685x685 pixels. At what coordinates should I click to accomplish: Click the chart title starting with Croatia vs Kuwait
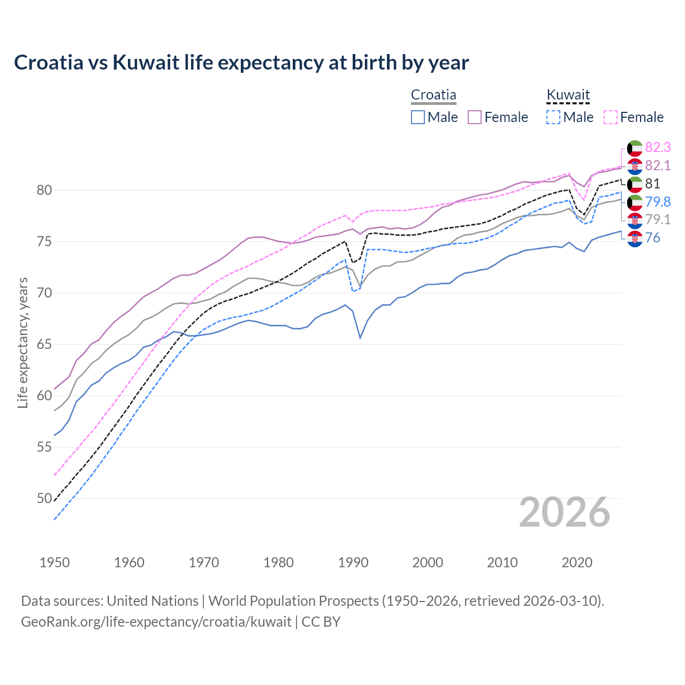pos(241,63)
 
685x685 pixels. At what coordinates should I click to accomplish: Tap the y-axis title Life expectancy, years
pos(22,342)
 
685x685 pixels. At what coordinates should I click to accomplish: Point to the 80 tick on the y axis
pos(44,191)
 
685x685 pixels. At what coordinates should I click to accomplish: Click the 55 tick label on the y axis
pos(44,447)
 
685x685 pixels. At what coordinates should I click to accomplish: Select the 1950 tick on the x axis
pos(55,562)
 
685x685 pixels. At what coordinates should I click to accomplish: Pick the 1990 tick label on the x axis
pos(353,562)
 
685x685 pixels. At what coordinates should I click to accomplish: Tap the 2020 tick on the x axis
pos(577,562)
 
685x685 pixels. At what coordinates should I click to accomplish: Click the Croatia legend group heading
pos(433,95)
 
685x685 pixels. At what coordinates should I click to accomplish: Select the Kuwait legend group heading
pos(568,95)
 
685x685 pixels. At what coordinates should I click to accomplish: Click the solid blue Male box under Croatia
pos(418,117)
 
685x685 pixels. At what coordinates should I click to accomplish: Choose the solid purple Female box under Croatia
pos(475,117)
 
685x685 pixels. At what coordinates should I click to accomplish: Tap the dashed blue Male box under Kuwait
pos(553,117)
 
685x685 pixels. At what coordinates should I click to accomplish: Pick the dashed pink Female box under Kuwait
pos(611,117)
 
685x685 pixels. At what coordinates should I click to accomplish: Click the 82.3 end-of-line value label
pos(658,148)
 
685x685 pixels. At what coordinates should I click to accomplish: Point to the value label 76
pos(652,238)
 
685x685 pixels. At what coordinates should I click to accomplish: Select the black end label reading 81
pos(652,184)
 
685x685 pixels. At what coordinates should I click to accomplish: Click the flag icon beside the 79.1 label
pos(635,220)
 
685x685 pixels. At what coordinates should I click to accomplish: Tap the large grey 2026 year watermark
pos(565,513)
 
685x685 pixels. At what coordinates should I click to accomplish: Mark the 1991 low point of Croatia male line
pos(360,338)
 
